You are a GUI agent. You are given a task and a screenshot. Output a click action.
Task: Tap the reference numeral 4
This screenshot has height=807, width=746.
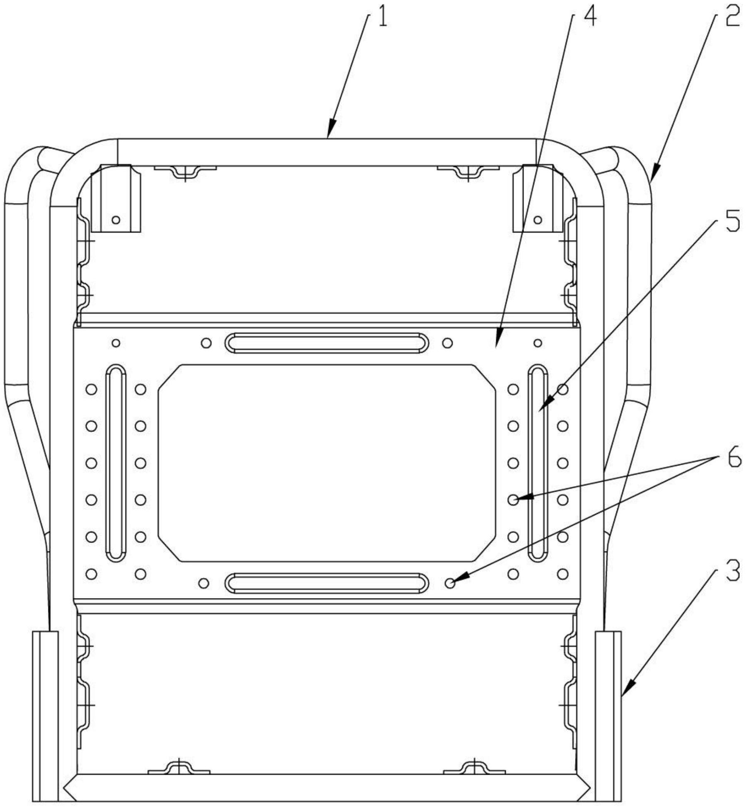(x=589, y=18)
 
